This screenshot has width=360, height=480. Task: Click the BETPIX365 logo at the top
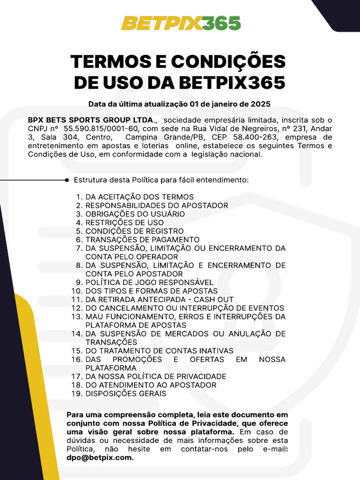pyautogui.click(x=181, y=23)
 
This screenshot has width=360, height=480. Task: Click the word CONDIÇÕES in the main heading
pyautogui.click(x=228, y=61)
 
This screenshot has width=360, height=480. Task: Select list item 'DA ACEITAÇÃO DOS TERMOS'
pyautogui.click(x=139, y=197)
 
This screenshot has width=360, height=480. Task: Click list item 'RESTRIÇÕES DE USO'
pyautogui.click(x=124, y=223)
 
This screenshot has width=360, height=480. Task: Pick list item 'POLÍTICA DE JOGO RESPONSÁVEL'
pyautogui.click(x=149, y=283)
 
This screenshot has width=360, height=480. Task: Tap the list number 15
pyautogui.click(x=76, y=351)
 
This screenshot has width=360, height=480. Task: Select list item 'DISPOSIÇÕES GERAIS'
pyautogui.click(x=126, y=394)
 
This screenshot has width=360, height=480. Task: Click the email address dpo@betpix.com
pyautogui.click(x=100, y=458)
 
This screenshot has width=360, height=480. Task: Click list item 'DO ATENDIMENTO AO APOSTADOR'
pyautogui.click(x=151, y=385)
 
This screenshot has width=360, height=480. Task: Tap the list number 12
pyautogui.click(x=76, y=308)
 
